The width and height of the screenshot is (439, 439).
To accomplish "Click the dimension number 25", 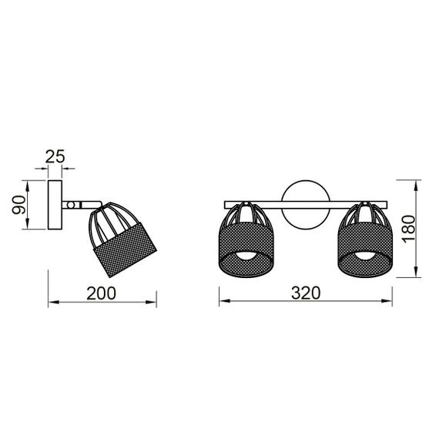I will coord(55,156).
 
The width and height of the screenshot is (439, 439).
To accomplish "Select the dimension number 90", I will coord(21,205).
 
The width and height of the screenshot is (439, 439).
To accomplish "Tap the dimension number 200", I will coord(101,293).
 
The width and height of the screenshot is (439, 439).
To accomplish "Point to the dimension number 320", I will coord(305,293).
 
